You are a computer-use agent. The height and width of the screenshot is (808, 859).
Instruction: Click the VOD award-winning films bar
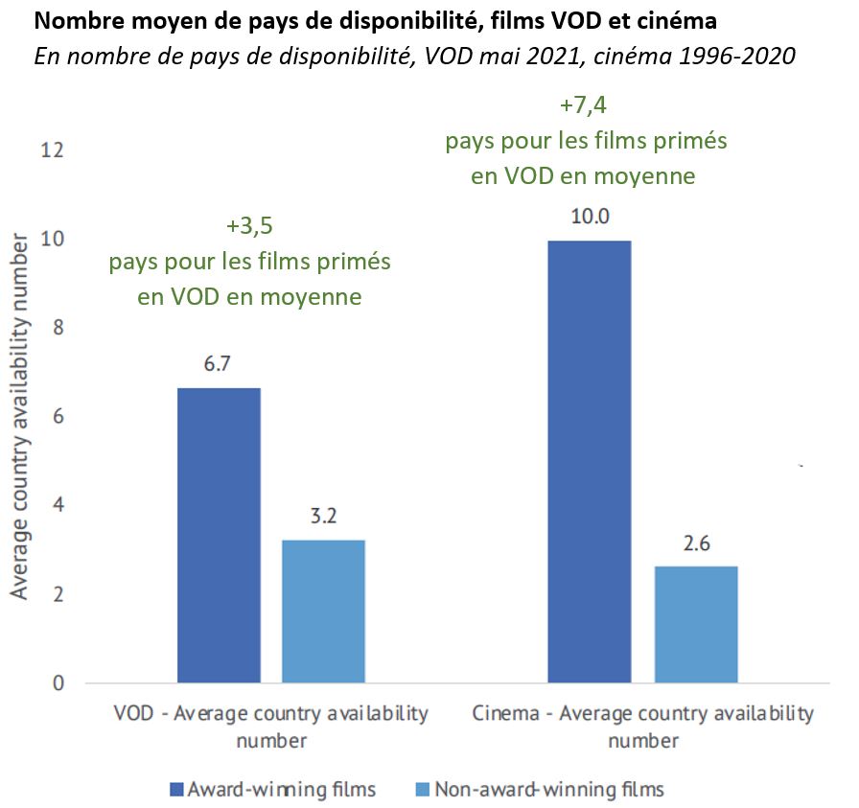[219, 535]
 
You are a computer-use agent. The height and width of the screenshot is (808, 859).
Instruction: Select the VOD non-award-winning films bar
[323, 611]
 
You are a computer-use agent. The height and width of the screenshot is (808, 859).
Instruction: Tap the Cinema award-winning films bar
[589, 461]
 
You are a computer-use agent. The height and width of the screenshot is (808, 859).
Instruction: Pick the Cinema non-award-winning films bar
[696, 624]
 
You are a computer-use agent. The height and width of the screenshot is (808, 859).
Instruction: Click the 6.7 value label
[219, 365]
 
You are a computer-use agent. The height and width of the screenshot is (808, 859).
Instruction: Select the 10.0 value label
[589, 217]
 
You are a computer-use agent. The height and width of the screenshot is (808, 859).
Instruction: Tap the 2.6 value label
[696, 543]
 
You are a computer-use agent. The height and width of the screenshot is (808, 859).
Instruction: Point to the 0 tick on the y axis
[58, 683]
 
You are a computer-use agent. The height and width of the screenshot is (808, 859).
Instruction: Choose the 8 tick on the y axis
[58, 328]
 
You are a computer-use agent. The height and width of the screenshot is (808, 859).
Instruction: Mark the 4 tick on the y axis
[58, 505]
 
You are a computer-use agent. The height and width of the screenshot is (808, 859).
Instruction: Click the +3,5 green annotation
[249, 226]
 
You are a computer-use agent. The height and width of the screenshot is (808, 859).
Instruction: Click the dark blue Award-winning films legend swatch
[175, 790]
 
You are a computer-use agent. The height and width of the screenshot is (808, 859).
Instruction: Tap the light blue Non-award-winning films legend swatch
[419, 790]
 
